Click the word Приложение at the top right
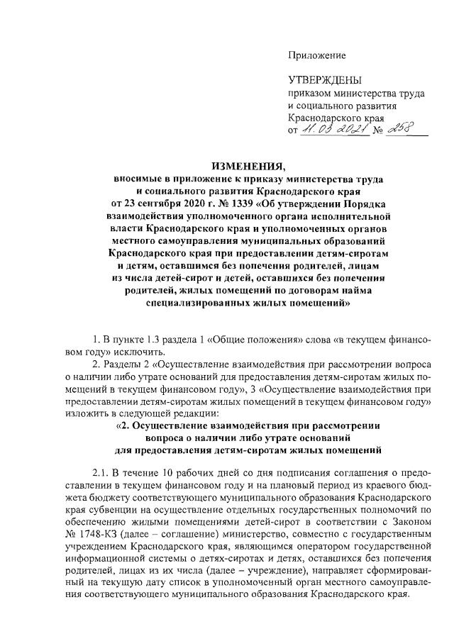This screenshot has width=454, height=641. [316, 55]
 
